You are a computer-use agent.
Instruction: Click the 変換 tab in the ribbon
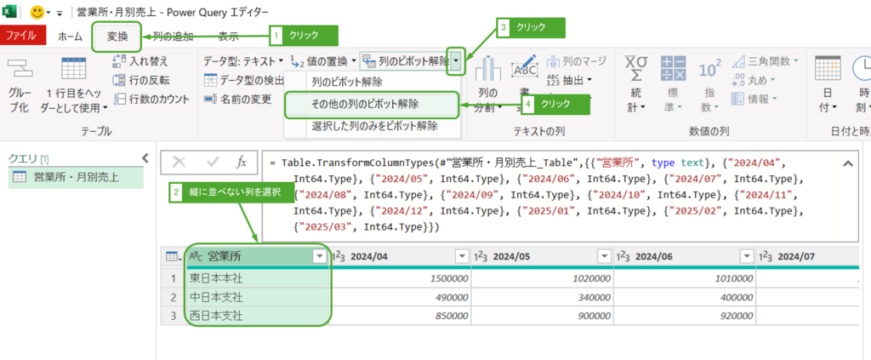click(x=117, y=37)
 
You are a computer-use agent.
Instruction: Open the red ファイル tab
click(x=21, y=37)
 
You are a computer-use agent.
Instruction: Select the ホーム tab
click(x=70, y=37)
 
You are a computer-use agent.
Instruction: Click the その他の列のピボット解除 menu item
click(x=372, y=105)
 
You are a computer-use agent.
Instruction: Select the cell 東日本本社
click(x=217, y=277)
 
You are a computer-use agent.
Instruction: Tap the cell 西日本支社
click(x=217, y=316)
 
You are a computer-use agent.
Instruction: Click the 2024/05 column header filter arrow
click(x=604, y=256)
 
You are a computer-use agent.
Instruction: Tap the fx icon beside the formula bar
click(x=241, y=162)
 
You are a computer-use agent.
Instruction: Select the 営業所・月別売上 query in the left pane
click(x=76, y=178)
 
